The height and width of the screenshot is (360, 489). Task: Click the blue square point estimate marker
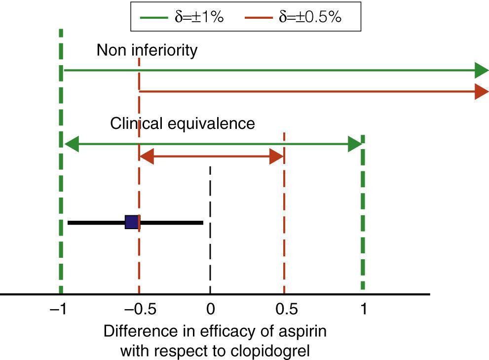tap(132, 222)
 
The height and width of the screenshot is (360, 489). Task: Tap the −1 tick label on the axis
tap(60, 310)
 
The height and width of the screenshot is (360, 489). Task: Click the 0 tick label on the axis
tap(210, 310)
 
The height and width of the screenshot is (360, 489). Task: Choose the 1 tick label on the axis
tap(364, 310)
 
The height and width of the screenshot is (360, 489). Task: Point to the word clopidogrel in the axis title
tap(270, 352)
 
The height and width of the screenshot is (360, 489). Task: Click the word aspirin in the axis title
tap(301, 331)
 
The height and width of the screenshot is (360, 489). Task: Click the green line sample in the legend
tap(155, 17)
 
